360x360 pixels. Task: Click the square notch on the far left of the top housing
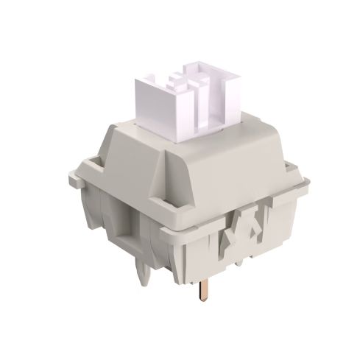[91, 163]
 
